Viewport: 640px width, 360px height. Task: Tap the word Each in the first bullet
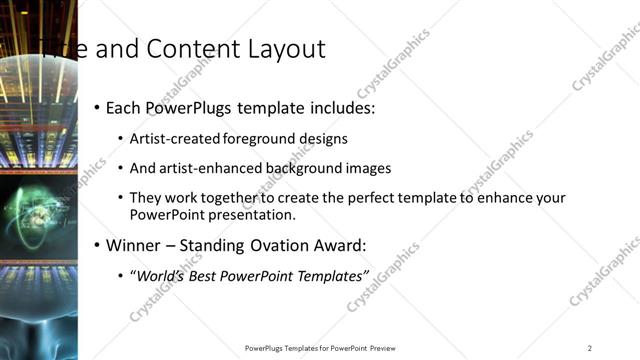coord(124,107)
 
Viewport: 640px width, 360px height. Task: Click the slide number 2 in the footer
coord(590,348)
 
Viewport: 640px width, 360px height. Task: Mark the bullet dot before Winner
coord(97,245)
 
